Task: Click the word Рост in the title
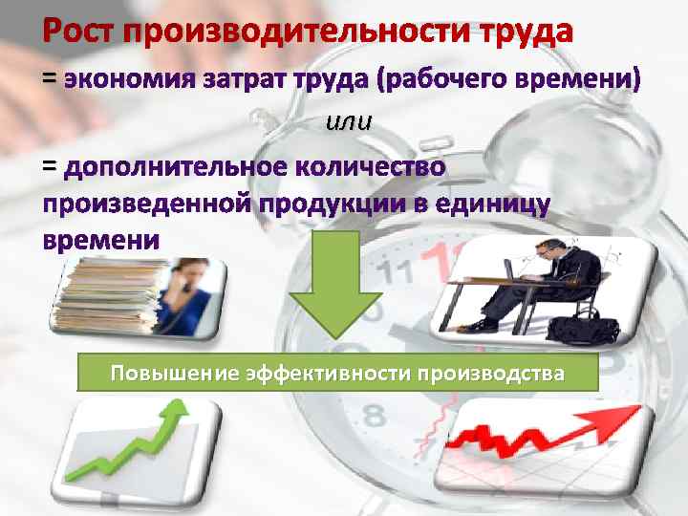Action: pyautogui.click(x=77, y=32)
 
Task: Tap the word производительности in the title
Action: pyautogui.click(x=282, y=32)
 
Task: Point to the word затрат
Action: pyautogui.click(x=240, y=80)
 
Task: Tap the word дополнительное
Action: pyautogui.click(x=176, y=167)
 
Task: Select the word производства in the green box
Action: pyautogui.click(x=488, y=372)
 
